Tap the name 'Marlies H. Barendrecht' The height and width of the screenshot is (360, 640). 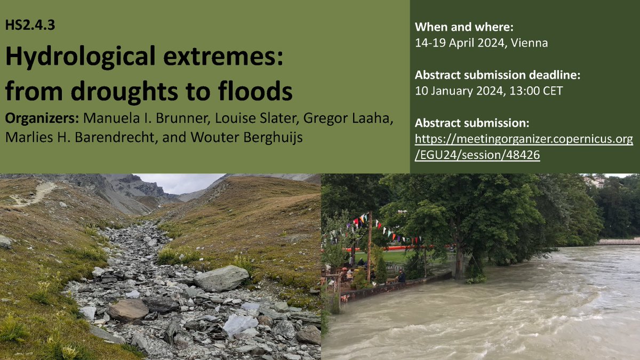click(x=91, y=137)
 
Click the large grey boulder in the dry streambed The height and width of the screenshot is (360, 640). click(x=221, y=278)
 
